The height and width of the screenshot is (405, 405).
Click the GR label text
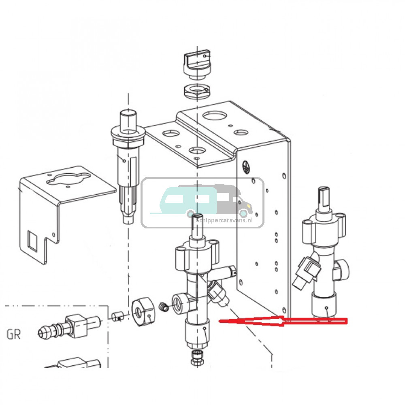tap(14, 335)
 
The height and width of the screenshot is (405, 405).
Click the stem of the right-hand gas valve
tap(325, 199)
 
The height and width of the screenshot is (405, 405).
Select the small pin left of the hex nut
tap(117, 316)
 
